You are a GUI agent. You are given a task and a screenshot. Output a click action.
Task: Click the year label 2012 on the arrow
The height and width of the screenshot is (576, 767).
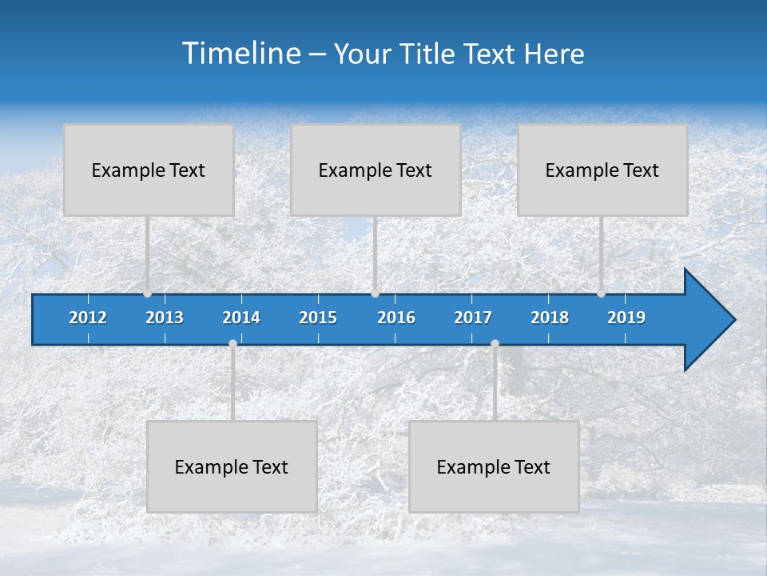pos(88,318)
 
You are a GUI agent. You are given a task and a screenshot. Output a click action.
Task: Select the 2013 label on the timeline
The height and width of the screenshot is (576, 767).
pos(165,318)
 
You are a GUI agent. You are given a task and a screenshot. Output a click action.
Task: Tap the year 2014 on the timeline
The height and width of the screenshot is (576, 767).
pos(241,318)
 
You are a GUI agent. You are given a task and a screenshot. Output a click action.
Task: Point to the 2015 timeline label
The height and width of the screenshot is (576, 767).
pos(318,318)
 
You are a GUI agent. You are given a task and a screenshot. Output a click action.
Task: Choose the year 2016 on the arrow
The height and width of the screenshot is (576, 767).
pos(396,318)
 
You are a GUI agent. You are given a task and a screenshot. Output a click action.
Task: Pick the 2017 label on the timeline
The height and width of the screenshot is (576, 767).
pos(473,318)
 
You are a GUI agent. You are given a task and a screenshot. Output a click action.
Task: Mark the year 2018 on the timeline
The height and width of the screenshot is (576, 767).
pos(550,318)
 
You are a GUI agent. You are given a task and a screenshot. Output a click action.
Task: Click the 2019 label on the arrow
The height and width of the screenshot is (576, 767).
pos(626,318)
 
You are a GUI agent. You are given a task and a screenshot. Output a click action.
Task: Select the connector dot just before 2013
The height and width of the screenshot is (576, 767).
pos(148,293)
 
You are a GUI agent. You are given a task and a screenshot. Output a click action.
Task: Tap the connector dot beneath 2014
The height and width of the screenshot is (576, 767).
pos(232,344)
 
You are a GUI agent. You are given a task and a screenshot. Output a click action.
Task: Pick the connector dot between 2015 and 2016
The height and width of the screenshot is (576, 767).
pos(375,293)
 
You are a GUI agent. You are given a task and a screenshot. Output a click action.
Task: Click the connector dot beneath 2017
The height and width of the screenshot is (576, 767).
pos(495,344)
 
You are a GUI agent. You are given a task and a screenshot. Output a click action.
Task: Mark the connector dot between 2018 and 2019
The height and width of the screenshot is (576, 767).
pos(602,293)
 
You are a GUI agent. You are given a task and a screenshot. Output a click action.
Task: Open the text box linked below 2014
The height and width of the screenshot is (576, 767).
pos(232,467)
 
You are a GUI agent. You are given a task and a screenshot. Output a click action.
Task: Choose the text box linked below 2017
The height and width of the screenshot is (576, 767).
pos(494,467)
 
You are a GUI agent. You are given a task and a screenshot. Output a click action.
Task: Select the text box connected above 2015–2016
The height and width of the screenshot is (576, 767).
pos(376,170)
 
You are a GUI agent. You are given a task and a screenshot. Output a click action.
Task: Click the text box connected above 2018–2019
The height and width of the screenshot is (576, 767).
pos(602,170)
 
